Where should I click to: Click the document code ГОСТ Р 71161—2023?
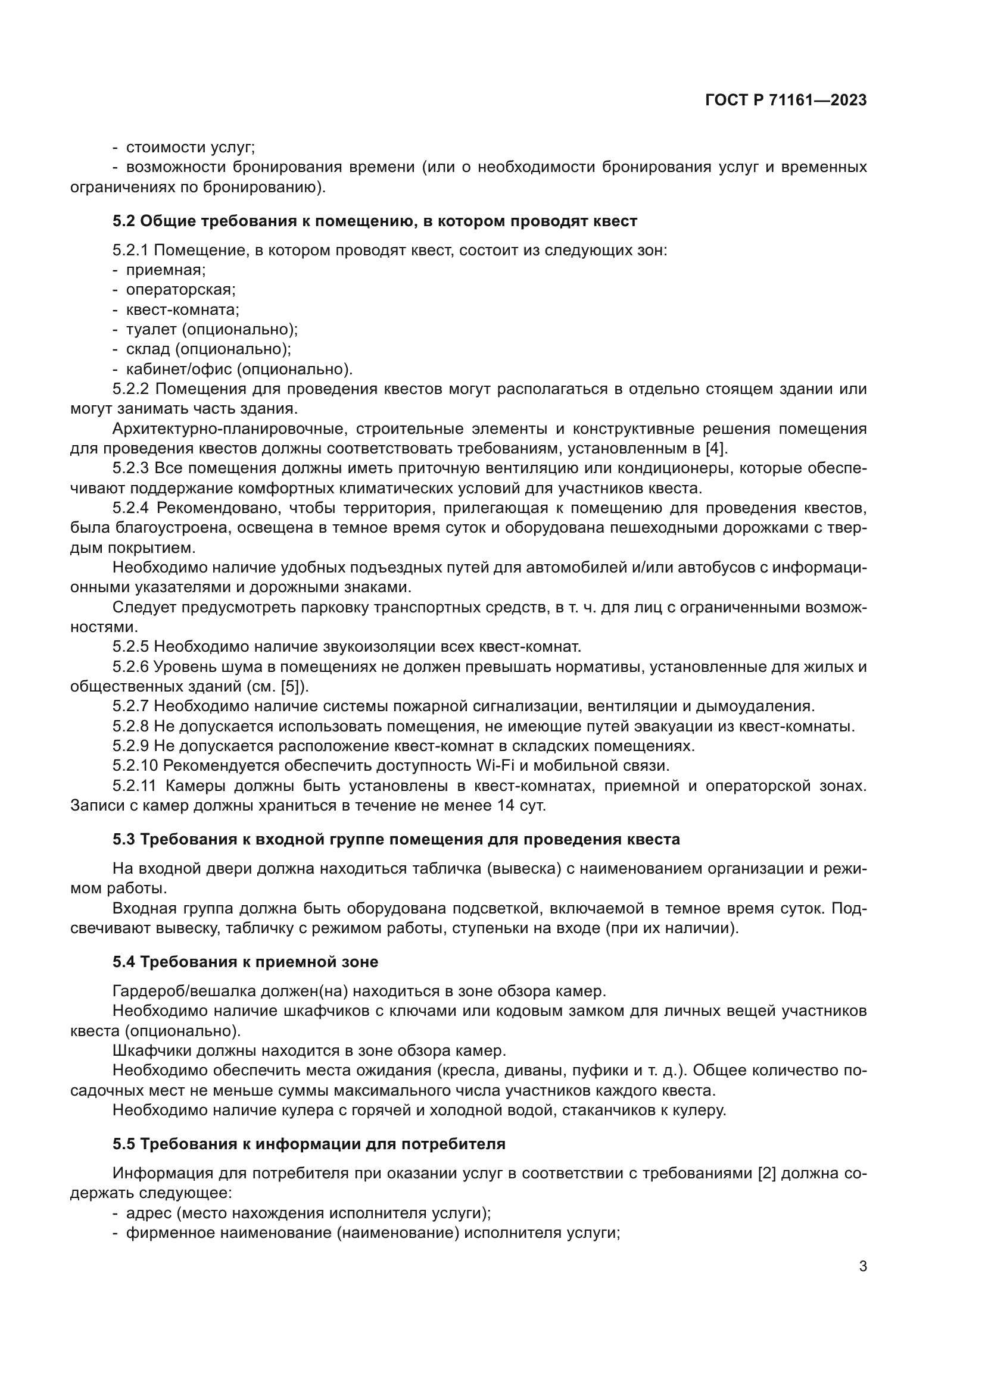pyautogui.click(x=786, y=101)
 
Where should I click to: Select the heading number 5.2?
pyautogui.click(x=124, y=221)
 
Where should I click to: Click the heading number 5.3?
pyautogui.click(x=124, y=840)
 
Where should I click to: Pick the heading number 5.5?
pyautogui.click(x=124, y=1144)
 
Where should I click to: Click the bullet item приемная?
pyautogui.click(x=166, y=270)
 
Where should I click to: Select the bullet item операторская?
pyautogui.click(x=180, y=290)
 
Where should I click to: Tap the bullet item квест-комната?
pyautogui.click(x=183, y=310)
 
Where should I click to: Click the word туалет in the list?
pyautogui.click(x=150, y=329)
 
